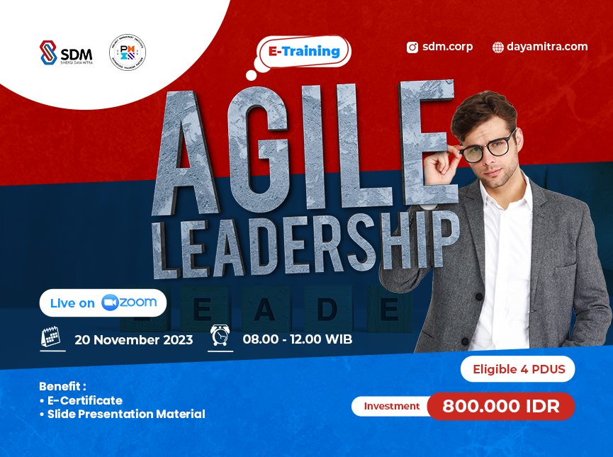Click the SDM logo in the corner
click(x=65, y=53)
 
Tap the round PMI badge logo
click(x=128, y=53)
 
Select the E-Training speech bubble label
click(x=304, y=51)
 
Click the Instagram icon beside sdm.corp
click(x=412, y=47)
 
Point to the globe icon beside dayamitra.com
click(x=498, y=47)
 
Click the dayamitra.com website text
click(x=547, y=47)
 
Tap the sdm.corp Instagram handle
click(x=447, y=47)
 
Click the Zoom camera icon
click(x=109, y=303)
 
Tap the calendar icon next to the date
click(x=51, y=337)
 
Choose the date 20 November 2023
click(x=134, y=339)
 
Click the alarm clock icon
click(x=220, y=336)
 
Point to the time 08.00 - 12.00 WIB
click(x=297, y=339)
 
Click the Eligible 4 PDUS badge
click(x=517, y=369)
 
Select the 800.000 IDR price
click(x=500, y=407)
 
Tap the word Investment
click(x=392, y=406)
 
